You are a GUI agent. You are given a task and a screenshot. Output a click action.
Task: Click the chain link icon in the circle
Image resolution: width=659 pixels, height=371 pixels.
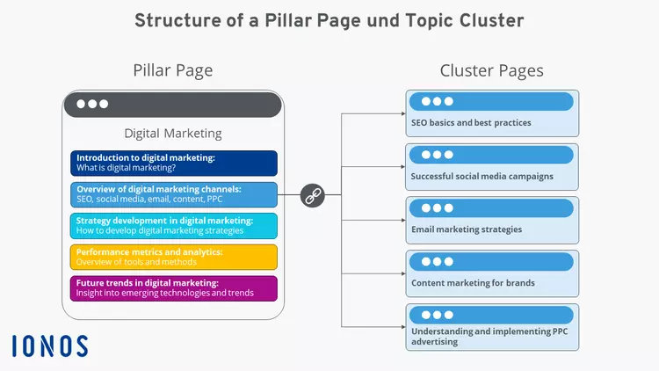click(x=313, y=195)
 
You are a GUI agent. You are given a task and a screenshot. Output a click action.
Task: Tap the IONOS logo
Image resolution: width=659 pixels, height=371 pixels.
click(x=50, y=346)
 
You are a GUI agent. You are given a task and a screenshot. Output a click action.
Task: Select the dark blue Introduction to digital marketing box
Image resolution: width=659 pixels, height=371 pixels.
click(x=174, y=164)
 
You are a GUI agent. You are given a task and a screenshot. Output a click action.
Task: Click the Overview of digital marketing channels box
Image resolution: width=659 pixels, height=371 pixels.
click(x=174, y=195)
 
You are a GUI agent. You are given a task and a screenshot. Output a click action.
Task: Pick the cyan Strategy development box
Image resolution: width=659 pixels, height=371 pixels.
click(x=174, y=226)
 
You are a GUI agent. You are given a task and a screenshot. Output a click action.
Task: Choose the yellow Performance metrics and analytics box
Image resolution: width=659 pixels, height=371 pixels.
click(x=174, y=258)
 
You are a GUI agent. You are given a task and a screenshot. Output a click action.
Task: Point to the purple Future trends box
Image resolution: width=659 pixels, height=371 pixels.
click(x=174, y=288)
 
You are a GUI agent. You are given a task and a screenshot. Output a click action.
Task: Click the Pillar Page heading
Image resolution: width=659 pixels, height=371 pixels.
click(x=172, y=70)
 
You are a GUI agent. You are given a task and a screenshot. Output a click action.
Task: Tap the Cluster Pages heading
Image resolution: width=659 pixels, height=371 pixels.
click(x=491, y=70)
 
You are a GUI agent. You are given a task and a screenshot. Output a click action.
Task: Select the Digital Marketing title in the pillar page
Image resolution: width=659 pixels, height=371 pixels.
click(x=173, y=134)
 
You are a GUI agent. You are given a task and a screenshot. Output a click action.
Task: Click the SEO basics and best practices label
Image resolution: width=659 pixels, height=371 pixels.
click(x=471, y=123)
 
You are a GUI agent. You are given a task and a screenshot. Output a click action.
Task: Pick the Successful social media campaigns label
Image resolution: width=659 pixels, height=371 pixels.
click(x=482, y=176)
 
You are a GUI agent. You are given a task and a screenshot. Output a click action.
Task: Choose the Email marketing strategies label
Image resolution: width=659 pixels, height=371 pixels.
click(x=467, y=229)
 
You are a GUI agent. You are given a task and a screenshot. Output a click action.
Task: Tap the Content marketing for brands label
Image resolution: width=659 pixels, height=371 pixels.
click(x=473, y=283)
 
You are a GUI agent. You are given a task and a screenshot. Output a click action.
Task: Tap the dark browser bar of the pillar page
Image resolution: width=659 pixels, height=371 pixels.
click(x=172, y=105)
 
